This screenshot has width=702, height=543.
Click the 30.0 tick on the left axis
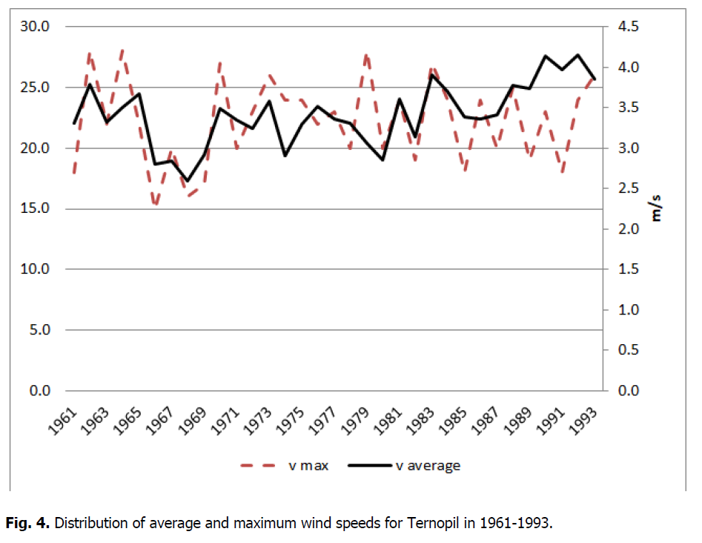(x=35, y=27)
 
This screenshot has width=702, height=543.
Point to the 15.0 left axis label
(x=35, y=208)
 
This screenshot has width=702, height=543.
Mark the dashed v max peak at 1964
(x=122, y=50)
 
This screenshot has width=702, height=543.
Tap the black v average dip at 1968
(x=187, y=181)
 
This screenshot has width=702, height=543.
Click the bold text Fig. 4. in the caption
(x=28, y=523)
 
